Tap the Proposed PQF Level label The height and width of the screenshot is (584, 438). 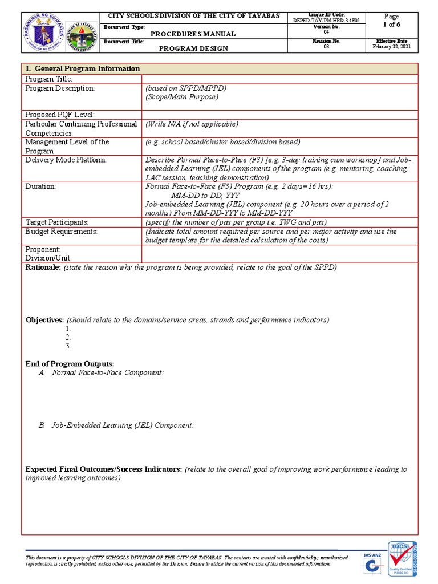point(59,115)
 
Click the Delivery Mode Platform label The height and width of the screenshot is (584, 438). point(66,160)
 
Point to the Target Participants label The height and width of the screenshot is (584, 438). point(57,222)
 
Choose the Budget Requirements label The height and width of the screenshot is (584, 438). point(61,232)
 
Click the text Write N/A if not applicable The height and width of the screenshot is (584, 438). point(192,124)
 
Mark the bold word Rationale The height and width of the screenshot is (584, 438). point(43,267)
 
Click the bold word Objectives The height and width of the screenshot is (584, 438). point(44,320)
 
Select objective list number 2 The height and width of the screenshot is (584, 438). point(68,337)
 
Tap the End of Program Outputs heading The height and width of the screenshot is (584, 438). point(70,364)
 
